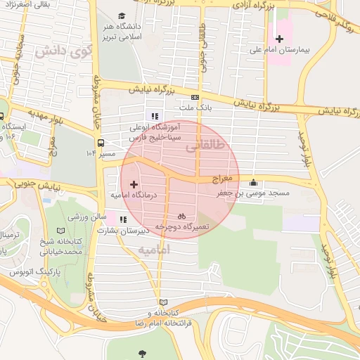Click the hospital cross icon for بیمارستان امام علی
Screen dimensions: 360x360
279,39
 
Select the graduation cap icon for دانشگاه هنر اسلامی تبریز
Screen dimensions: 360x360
122,16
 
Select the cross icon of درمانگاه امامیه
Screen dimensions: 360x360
134,184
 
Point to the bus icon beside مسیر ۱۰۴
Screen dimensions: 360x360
101,140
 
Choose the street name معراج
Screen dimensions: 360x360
230,179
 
